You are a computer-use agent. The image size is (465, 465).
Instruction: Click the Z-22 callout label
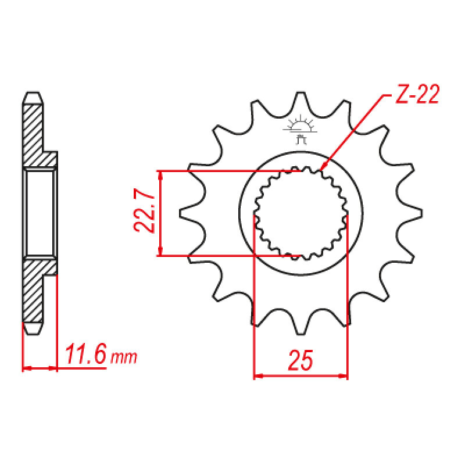pos(417,95)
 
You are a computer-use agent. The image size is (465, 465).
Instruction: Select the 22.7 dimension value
pos(144,210)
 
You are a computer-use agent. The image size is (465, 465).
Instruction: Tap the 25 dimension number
pos(301,360)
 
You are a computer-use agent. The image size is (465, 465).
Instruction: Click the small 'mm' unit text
pos(124,357)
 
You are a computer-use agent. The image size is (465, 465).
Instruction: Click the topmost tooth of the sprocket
pos(301,102)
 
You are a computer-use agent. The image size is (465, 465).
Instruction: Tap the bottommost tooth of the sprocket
pos(301,324)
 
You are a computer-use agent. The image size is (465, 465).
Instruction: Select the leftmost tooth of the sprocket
pos(190,213)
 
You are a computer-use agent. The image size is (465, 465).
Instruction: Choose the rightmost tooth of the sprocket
pos(412,213)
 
